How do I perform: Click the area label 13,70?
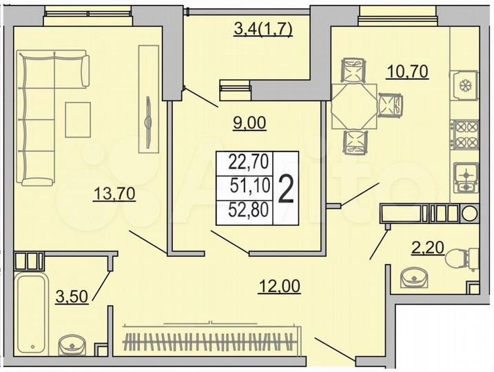114,194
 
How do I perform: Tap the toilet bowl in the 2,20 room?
457,259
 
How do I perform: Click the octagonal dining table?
354,105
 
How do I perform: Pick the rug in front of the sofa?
78,118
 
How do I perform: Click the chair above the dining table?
354,71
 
